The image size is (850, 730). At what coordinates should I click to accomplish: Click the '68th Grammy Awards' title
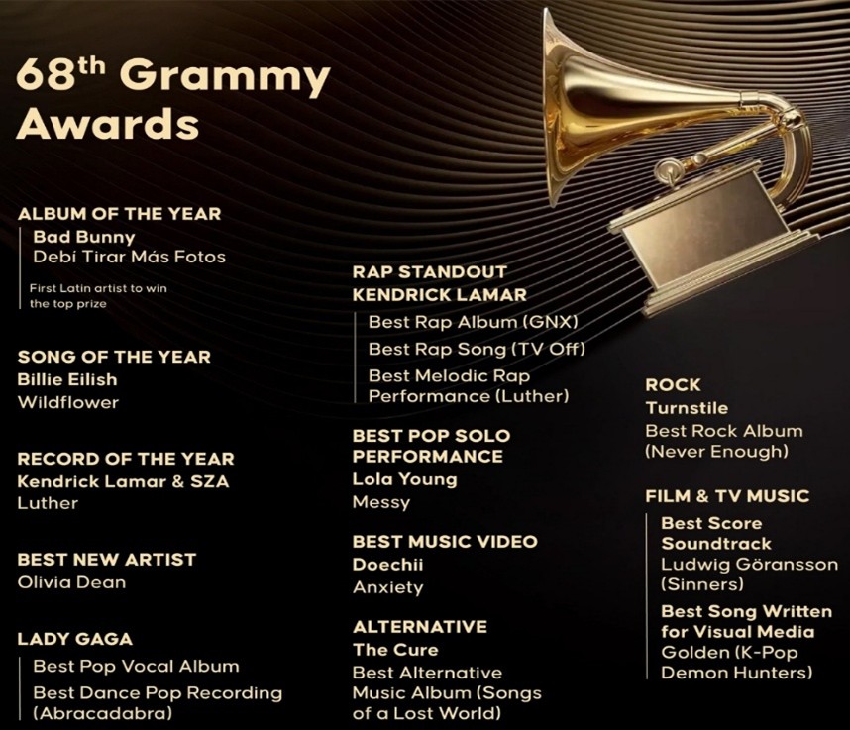(173, 99)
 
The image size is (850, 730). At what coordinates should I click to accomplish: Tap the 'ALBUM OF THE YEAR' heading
(119, 214)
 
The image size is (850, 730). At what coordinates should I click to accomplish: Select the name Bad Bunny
(84, 237)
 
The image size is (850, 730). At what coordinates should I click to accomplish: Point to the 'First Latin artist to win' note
(98, 288)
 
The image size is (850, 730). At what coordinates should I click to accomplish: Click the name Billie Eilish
(67, 379)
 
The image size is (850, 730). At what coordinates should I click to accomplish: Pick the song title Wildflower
(67, 402)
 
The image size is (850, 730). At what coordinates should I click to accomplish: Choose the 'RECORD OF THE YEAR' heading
(126, 459)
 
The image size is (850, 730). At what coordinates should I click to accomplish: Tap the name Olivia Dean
(71, 582)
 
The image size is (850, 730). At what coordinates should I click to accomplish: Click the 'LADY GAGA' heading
(75, 639)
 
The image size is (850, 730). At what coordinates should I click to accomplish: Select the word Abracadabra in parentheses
(102, 713)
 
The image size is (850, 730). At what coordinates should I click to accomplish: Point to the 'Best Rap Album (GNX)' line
(474, 322)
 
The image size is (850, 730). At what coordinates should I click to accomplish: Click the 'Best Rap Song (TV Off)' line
(477, 349)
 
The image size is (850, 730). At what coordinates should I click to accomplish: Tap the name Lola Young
(405, 479)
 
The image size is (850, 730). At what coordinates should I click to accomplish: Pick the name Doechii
(387, 565)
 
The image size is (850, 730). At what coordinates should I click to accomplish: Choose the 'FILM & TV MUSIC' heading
(727, 496)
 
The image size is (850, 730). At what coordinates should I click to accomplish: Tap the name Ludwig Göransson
(749, 565)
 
